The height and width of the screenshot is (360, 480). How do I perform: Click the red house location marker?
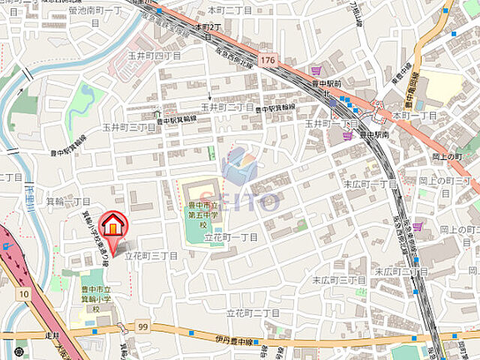(112, 226)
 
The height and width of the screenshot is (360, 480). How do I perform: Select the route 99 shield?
(143, 326)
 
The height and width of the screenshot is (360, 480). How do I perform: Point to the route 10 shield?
(24, 294)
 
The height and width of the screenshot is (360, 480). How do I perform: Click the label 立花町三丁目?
(151, 256)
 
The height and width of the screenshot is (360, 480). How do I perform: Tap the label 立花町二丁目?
(253, 312)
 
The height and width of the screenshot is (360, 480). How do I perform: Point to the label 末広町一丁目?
(370, 184)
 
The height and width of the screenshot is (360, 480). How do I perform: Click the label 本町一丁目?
(415, 115)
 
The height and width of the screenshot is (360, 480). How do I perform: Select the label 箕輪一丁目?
(68, 202)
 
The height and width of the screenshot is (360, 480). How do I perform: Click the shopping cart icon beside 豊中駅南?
(346, 136)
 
